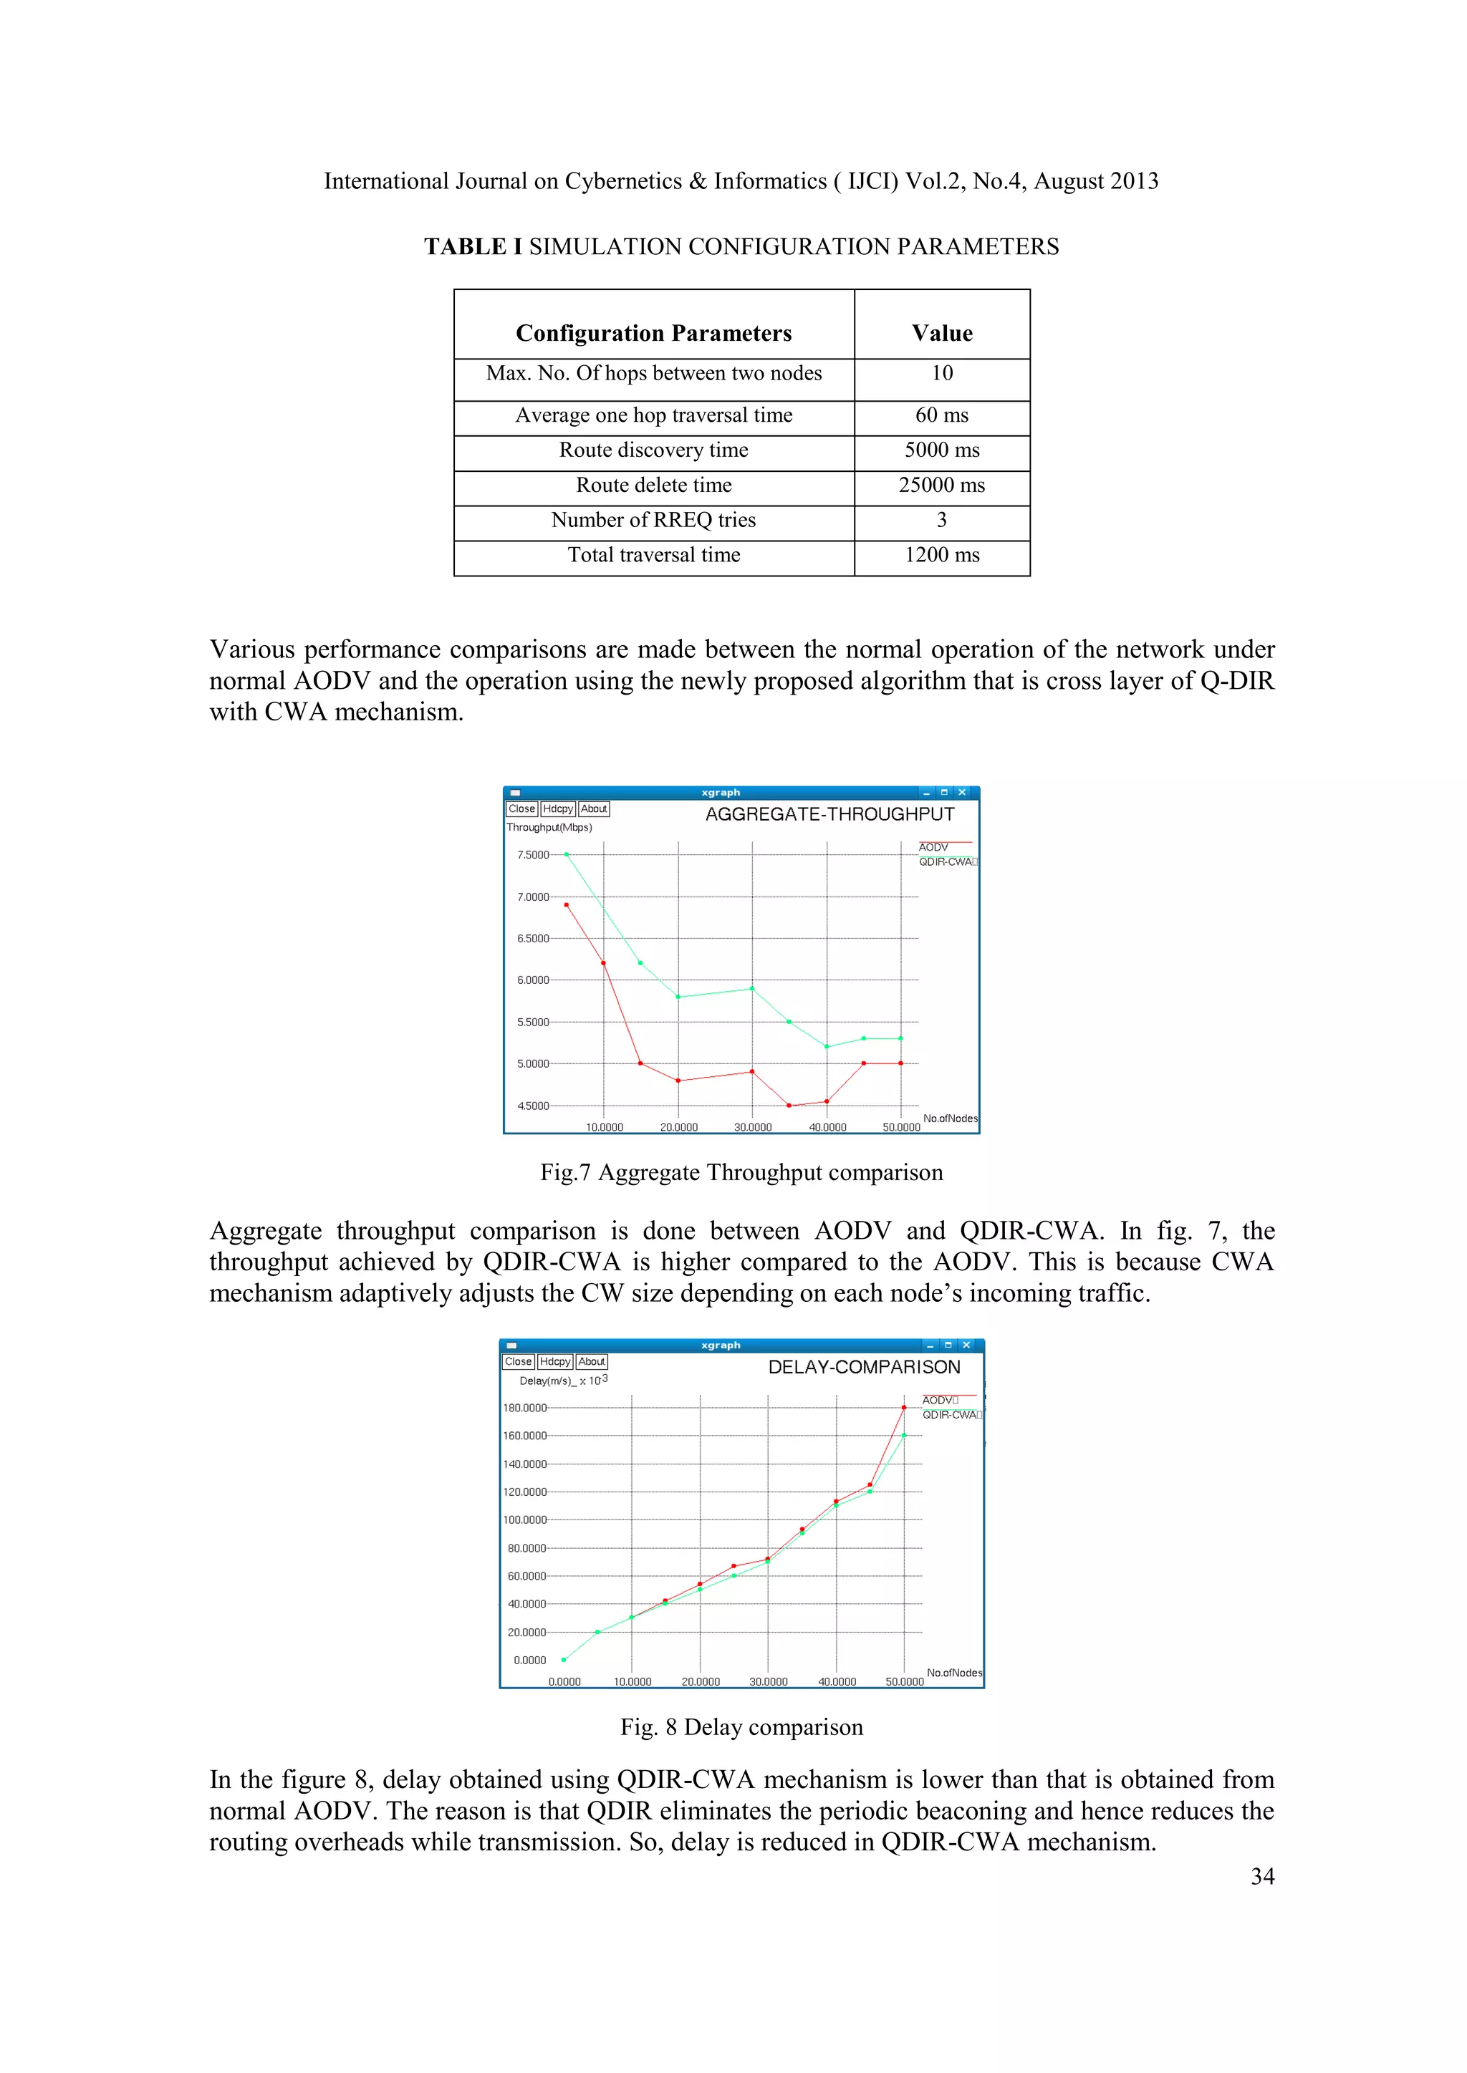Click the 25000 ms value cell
coord(941,485)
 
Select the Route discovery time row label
coord(653,450)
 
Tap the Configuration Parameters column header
coord(653,333)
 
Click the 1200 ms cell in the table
coord(941,555)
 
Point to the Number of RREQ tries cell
coord(653,520)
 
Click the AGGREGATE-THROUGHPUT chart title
coord(829,814)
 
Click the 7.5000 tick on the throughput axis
coord(532,855)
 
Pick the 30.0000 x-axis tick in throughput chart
coord(752,1128)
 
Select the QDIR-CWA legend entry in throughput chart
coord(946,862)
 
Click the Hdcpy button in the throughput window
coord(557,809)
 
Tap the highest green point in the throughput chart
coord(567,854)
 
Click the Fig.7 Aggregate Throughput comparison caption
coord(741,1173)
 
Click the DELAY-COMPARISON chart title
coord(864,1368)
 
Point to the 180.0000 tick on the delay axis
coord(525,1408)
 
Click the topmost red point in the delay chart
coord(903,1408)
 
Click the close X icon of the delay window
coord(966,1345)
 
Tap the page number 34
coord(1262,1877)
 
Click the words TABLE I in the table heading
coord(473,247)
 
